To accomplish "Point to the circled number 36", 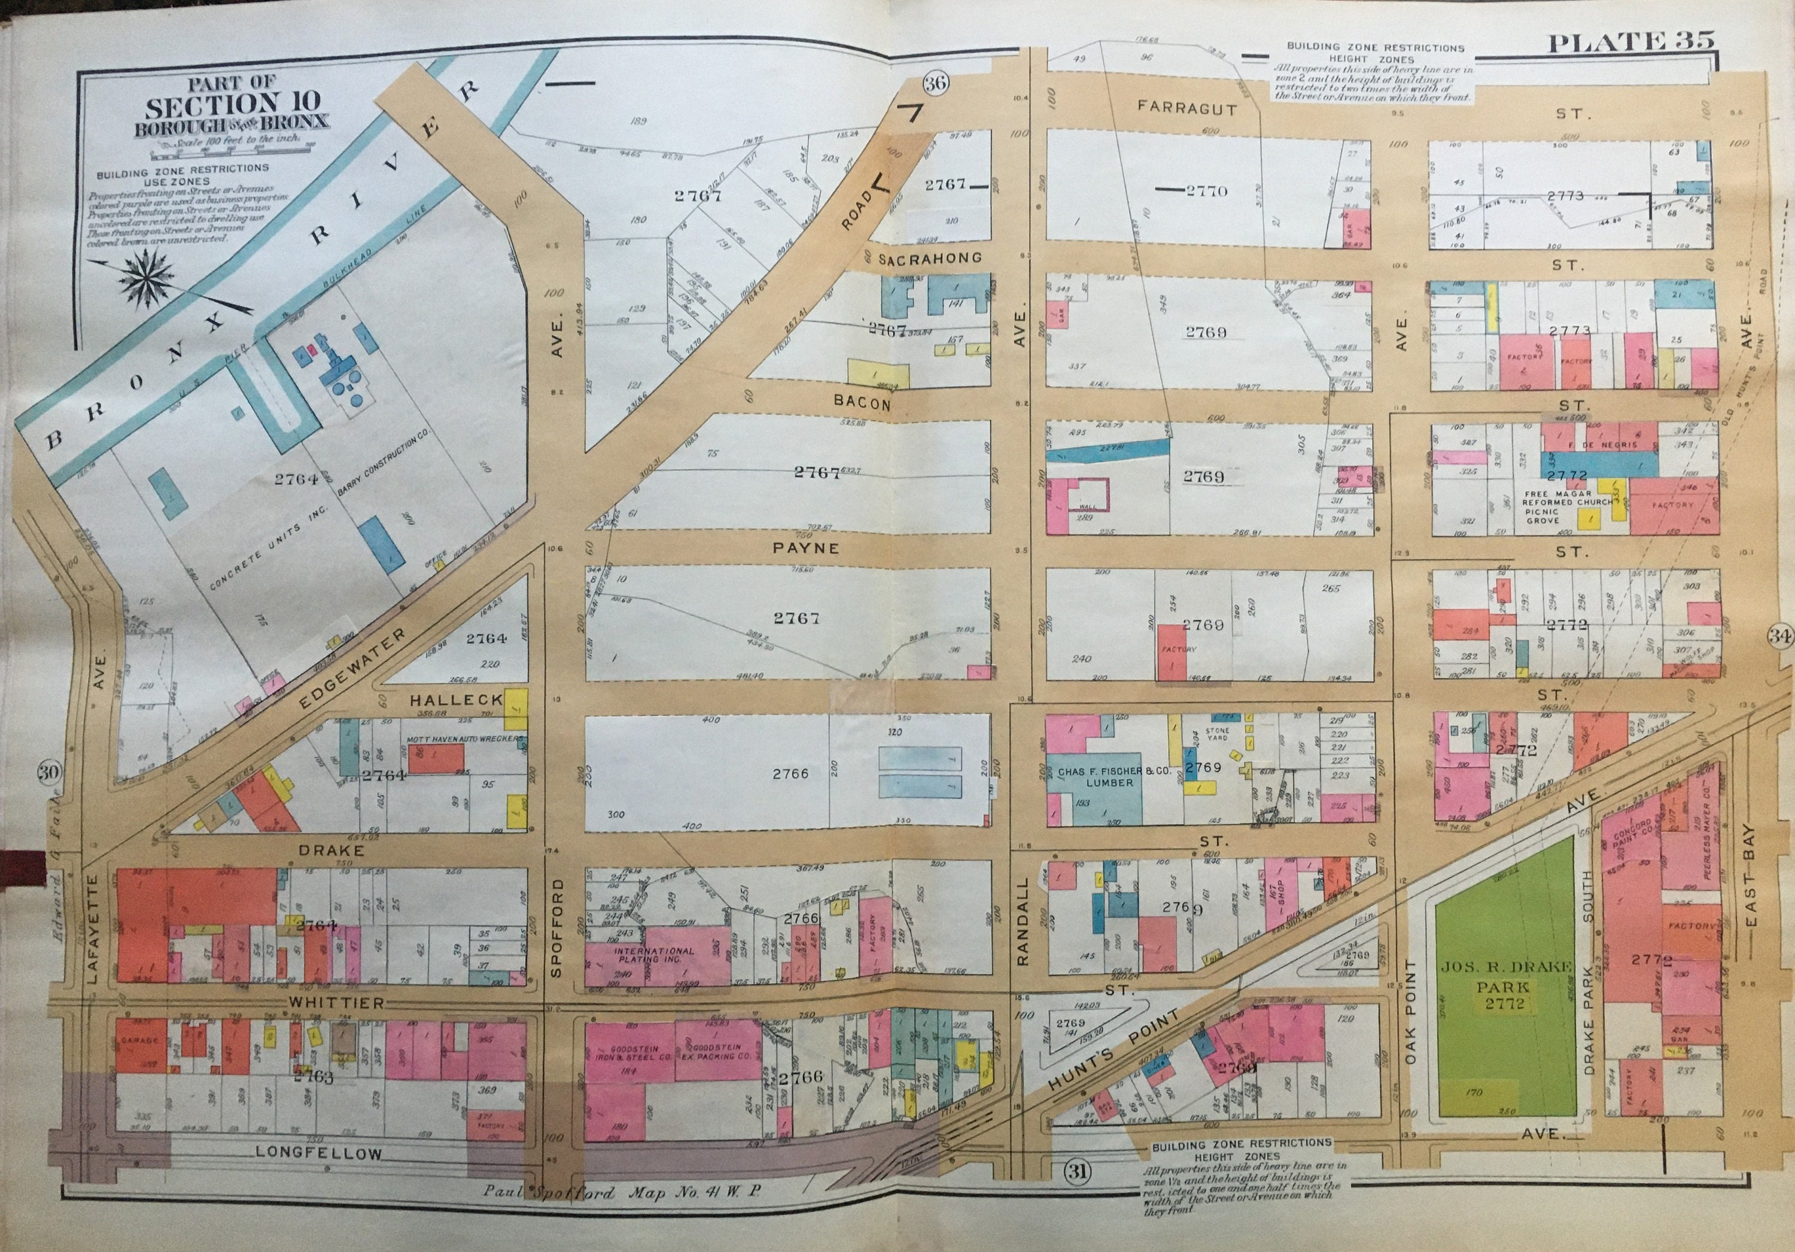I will coord(935,83).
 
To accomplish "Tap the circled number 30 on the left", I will coord(49,773).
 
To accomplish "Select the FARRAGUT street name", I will coord(1186,109).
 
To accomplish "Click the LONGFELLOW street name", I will coord(319,1153).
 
